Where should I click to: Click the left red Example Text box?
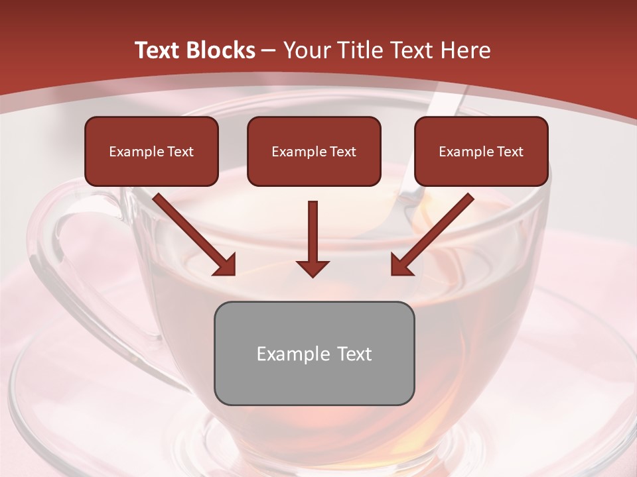tap(151, 152)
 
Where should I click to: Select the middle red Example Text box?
tap(314, 152)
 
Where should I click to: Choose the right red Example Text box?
tap(481, 152)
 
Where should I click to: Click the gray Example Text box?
tap(314, 353)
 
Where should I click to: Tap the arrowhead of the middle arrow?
tap(313, 268)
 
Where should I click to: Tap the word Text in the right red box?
tap(510, 152)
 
